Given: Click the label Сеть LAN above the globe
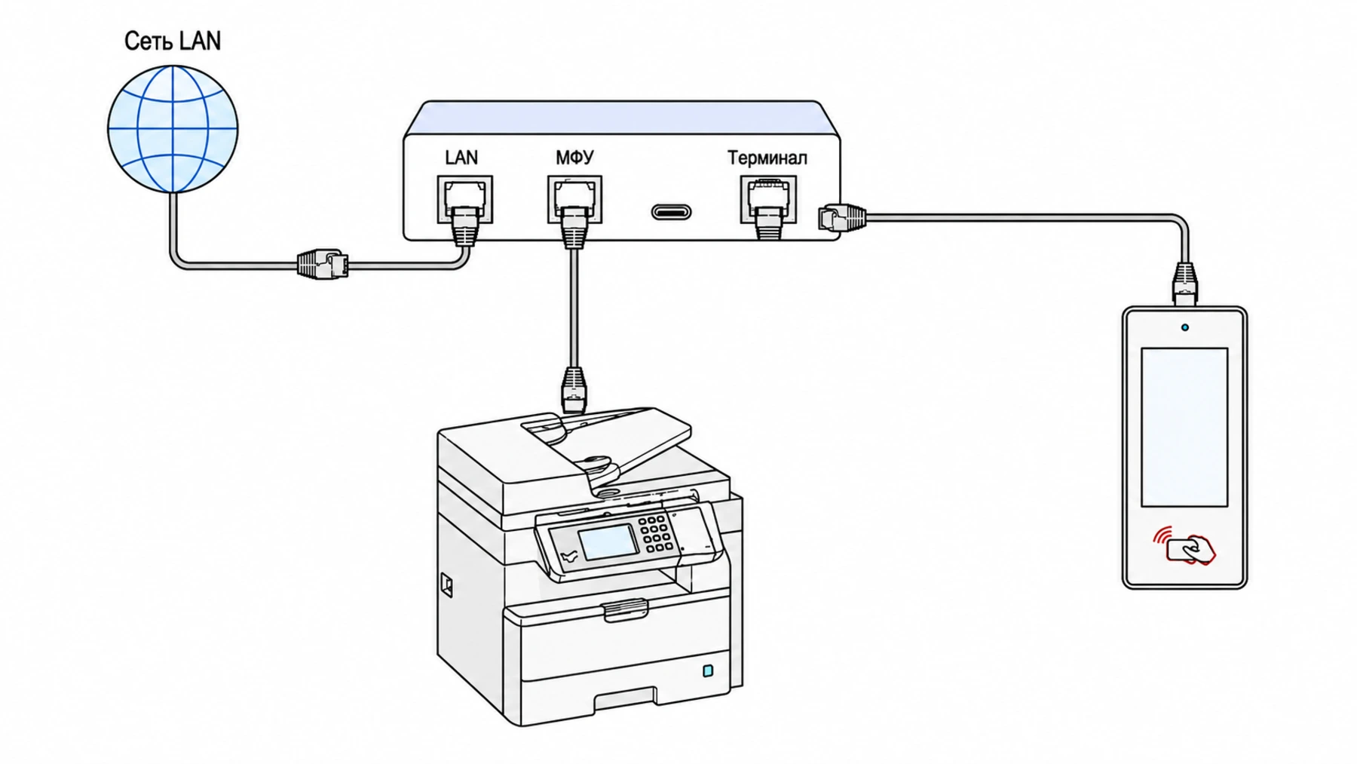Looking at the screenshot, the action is click(173, 41).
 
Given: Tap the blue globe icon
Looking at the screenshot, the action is click(173, 128).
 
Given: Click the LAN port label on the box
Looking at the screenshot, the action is click(461, 158).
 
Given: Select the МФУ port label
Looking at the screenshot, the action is click(574, 158).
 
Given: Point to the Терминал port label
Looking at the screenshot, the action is click(767, 158).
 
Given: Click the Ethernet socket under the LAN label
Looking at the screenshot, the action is click(465, 199).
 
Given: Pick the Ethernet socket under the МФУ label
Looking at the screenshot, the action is click(574, 199).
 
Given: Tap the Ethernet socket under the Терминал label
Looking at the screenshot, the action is click(768, 199).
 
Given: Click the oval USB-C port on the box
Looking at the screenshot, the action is click(671, 212).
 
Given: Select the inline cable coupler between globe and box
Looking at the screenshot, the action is click(323, 265).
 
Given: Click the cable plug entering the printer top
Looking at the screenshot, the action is click(574, 389).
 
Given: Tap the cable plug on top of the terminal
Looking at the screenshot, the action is click(1184, 284).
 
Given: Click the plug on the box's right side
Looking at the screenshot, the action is click(842, 217).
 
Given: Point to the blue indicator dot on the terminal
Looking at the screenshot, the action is click(1185, 327).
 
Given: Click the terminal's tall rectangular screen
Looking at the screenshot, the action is click(1184, 427).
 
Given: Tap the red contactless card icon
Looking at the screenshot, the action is click(1184, 545).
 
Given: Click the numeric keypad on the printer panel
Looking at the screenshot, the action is click(654, 532).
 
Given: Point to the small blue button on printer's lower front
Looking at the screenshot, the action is click(708, 670).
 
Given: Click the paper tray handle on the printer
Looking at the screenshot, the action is click(625, 609).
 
